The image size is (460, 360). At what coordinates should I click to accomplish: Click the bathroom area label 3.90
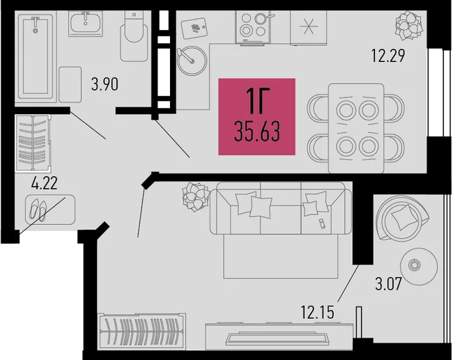(105, 84)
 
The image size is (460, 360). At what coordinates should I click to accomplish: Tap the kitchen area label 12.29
(388, 56)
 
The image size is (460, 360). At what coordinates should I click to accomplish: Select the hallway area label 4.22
(45, 183)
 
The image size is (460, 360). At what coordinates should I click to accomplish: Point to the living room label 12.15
(317, 312)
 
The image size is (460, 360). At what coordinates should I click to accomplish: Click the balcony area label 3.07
(388, 284)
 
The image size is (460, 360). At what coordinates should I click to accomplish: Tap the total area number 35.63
(257, 132)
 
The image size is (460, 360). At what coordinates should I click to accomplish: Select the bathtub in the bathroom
(36, 57)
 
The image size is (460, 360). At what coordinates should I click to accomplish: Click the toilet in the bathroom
(134, 36)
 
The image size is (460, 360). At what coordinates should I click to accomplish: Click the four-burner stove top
(253, 27)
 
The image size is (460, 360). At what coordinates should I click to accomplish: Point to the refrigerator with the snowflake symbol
(308, 28)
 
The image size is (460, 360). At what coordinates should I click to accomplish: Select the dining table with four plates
(356, 128)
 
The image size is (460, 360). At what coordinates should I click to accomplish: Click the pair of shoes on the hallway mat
(38, 209)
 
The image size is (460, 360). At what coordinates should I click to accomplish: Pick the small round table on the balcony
(419, 266)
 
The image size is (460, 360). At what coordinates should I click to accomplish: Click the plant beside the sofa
(195, 196)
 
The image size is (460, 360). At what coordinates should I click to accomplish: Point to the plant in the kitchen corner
(409, 25)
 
